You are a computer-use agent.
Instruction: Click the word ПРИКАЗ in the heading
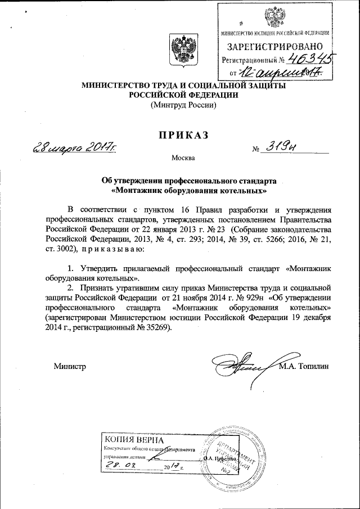point(181,135)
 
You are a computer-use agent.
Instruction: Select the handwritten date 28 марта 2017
point(77,148)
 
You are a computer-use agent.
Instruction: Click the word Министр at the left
point(69,366)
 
